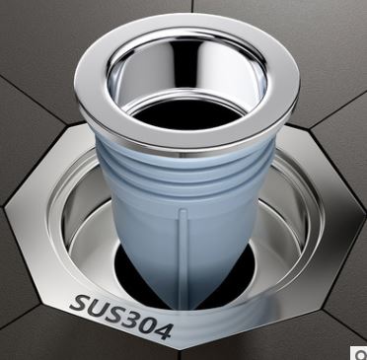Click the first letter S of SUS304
click(x=78, y=304)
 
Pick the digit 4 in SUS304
click(x=163, y=330)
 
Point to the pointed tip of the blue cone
click(x=183, y=309)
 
